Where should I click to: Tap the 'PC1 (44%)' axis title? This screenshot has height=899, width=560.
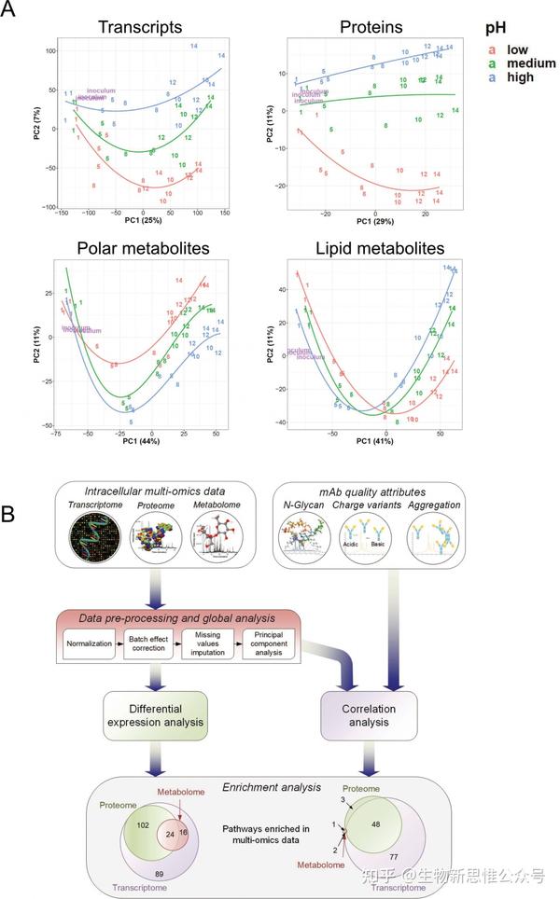(141, 440)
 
